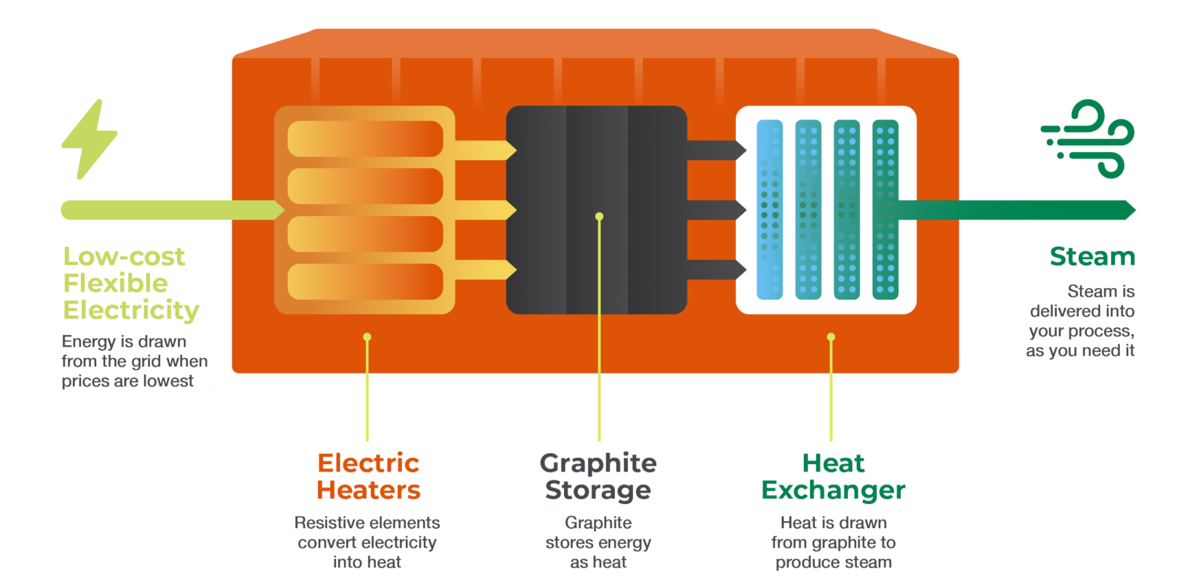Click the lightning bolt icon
(89, 140)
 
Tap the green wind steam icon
(1088, 140)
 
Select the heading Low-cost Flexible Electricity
(131, 283)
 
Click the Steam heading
(1092, 256)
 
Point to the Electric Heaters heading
(368, 476)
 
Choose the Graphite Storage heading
(598, 476)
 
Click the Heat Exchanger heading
(833, 476)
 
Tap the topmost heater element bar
(365, 139)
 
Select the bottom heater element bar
(365, 282)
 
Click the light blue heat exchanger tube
(770, 210)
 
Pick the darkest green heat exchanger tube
(885, 210)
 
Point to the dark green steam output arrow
(1016, 210)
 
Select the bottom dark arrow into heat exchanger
(717, 269)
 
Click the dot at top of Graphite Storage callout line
(599, 217)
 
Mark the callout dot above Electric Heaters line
(367, 337)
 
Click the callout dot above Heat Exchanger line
(831, 337)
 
